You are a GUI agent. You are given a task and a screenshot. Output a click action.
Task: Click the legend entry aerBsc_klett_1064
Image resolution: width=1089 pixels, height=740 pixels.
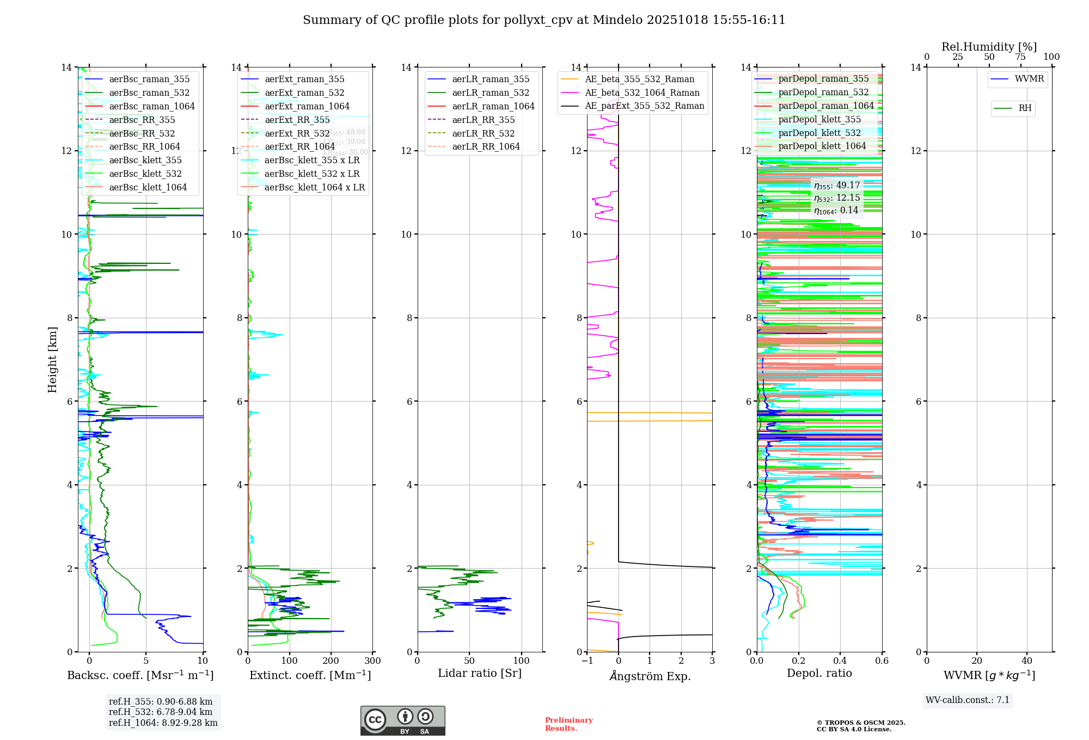point(148,187)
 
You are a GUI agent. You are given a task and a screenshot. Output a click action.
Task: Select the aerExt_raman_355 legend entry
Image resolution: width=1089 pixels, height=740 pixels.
point(304,79)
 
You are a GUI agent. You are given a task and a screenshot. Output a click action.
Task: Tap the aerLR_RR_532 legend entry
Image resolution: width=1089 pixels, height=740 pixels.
point(483,133)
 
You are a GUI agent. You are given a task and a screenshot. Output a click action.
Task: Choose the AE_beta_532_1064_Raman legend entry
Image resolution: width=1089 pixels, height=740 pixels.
point(642,92)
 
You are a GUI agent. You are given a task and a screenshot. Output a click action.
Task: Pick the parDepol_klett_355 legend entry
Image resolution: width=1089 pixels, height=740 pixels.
point(819,119)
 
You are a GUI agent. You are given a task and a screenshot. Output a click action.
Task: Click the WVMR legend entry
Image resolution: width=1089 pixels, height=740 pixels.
point(1029,79)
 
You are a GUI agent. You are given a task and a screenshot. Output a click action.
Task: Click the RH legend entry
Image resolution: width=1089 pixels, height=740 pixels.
point(1025,108)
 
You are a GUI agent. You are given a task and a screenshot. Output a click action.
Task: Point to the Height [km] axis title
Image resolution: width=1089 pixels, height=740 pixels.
point(52,359)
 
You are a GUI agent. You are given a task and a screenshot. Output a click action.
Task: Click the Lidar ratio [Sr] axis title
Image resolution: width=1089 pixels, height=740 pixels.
point(480,673)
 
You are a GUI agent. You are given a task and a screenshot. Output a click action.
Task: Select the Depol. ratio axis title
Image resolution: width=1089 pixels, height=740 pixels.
point(819,673)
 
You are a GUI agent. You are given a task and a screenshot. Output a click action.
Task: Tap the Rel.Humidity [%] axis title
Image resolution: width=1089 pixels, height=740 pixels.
point(989,47)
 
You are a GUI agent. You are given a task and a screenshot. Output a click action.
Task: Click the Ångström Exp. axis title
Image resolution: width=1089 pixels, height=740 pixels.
point(650,676)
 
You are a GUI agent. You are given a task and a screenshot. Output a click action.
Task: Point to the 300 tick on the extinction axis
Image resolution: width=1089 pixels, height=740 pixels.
point(372,661)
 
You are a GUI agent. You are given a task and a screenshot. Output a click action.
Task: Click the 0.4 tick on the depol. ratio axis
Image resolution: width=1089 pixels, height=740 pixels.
point(840,661)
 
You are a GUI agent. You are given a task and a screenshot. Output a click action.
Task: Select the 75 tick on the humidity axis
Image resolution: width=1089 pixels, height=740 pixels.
point(1020,57)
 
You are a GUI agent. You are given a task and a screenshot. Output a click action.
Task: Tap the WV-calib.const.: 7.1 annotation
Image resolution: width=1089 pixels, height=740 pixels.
point(968,700)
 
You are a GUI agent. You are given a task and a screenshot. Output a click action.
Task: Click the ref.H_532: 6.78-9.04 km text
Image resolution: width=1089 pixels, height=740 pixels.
point(161,712)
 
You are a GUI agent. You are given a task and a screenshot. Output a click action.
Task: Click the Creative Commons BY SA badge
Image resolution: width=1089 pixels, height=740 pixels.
point(402,720)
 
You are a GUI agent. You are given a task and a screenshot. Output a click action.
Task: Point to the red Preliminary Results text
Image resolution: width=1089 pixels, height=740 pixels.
point(568,724)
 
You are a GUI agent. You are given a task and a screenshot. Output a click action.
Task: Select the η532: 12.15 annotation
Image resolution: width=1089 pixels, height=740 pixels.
point(837,198)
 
